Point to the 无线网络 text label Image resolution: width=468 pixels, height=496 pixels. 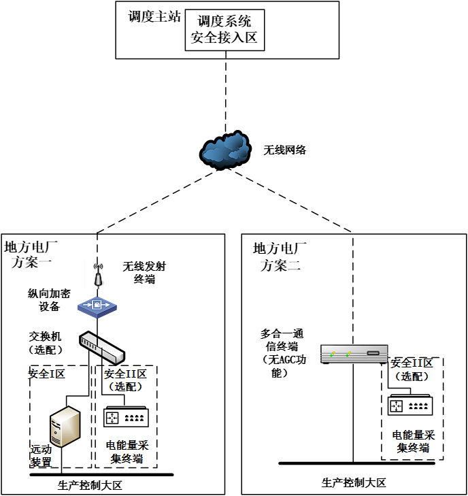pos(285,150)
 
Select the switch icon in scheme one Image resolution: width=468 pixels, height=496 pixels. pos(102,346)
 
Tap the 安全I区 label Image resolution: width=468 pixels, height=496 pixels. pos(46,374)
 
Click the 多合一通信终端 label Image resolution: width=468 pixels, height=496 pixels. pos(282,352)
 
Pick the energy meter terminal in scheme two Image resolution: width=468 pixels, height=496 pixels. pos(409,406)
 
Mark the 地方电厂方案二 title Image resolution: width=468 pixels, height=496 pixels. pos(280,256)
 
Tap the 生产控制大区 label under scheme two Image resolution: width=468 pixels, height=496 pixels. pos(354,482)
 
